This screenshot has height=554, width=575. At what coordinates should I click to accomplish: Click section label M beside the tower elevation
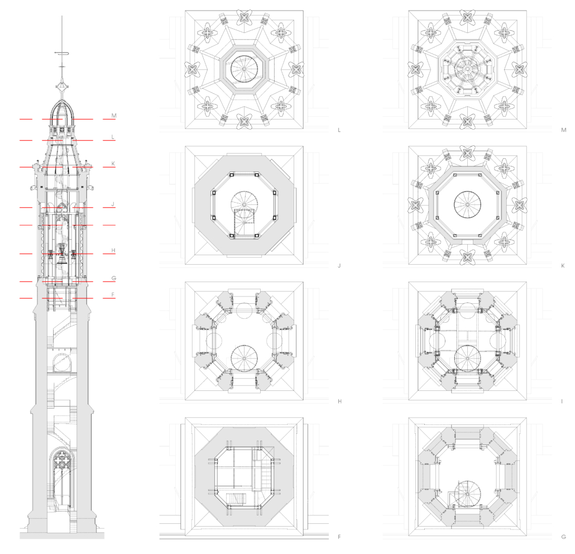pyautogui.click(x=114, y=116)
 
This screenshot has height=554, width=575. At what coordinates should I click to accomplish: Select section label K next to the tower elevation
pyautogui.click(x=113, y=164)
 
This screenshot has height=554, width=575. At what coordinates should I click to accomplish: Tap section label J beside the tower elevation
pyautogui.click(x=113, y=204)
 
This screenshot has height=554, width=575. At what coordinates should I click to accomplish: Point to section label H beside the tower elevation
pyautogui.click(x=113, y=251)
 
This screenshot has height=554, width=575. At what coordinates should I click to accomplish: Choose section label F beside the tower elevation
pyautogui.click(x=113, y=295)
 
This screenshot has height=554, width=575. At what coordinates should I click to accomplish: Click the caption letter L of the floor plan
pyautogui.click(x=339, y=130)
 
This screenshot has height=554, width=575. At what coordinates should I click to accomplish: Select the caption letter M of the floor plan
pyautogui.click(x=564, y=130)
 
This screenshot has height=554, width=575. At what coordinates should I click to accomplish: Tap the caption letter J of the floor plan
pyautogui.click(x=339, y=265)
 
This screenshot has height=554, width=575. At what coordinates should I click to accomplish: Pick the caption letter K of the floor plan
pyautogui.click(x=563, y=265)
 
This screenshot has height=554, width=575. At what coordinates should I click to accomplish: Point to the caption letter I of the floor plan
pyautogui.click(x=562, y=402)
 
